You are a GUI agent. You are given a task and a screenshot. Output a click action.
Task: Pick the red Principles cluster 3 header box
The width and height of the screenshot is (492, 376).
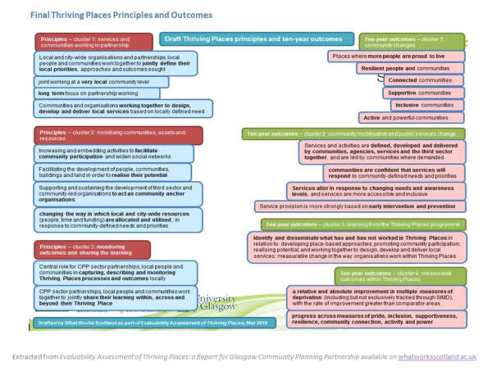92,249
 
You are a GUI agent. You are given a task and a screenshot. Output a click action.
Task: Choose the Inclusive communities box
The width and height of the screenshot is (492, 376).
427,106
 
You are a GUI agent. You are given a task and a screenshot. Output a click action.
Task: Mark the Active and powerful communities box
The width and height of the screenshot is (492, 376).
412,118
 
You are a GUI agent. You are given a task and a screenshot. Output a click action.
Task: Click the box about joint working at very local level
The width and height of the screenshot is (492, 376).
102,82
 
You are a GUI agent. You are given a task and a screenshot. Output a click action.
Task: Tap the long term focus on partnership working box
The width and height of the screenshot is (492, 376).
98,93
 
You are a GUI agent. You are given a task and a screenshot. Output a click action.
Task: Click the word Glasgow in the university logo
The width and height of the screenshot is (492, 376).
220,306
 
